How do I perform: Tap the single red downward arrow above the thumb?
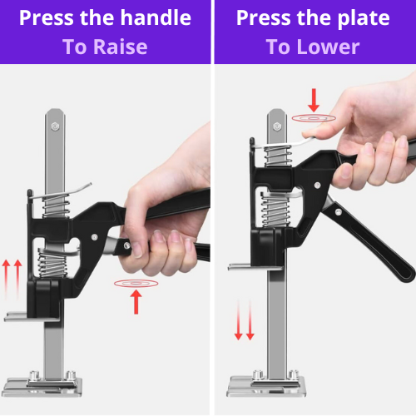click(x=314, y=101)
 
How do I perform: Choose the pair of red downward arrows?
click(x=244, y=321)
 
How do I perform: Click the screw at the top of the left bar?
click(x=54, y=126)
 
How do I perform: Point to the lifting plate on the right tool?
click(x=245, y=268)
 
